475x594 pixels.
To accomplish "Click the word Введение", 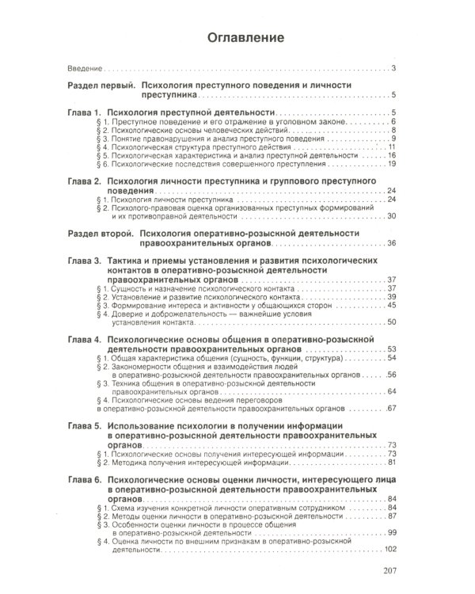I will pyautogui.click(x=84, y=69).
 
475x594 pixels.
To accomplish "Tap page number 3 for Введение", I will pyautogui.click(x=393, y=69).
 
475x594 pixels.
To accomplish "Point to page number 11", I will pyautogui.click(x=391, y=147).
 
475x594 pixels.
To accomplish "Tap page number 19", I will pyautogui.click(x=391, y=164).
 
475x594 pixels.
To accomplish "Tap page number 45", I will pyautogui.click(x=391, y=305).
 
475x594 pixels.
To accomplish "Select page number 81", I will pyautogui.click(x=391, y=463).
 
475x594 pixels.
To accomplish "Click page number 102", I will pyautogui.click(x=389, y=550).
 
